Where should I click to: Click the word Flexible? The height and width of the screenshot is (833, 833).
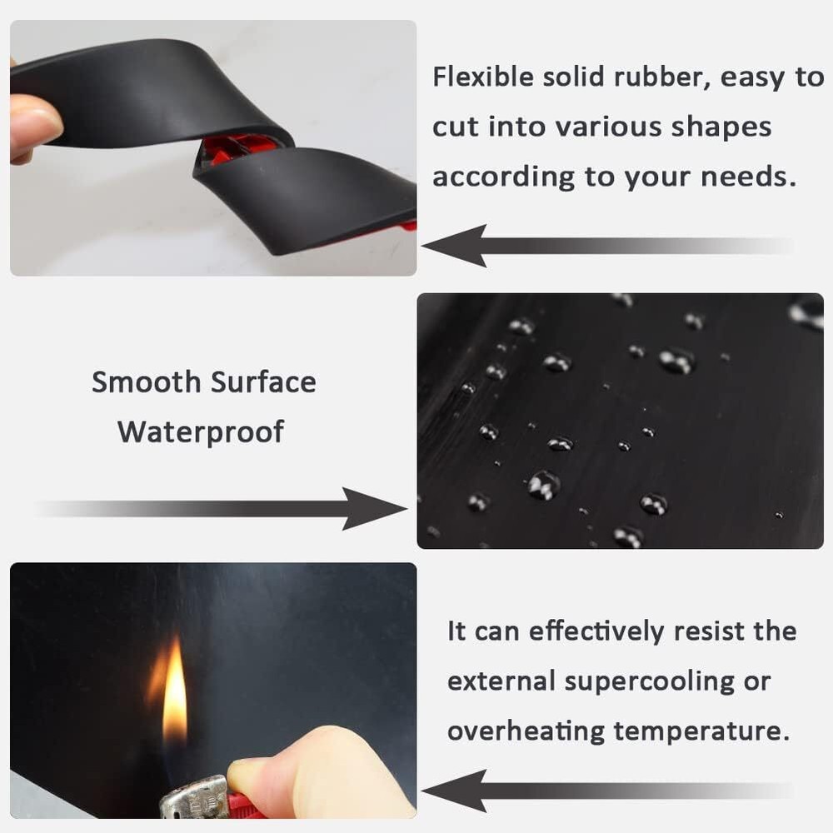(481, 77)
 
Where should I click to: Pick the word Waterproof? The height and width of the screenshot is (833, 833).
(201, 432)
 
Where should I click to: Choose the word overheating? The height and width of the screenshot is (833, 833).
(525, 731)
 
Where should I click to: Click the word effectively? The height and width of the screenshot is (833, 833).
(584, 631)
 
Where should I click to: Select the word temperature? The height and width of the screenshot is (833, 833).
(701, 732)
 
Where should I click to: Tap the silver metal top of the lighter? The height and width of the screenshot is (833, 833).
(194, 799)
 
